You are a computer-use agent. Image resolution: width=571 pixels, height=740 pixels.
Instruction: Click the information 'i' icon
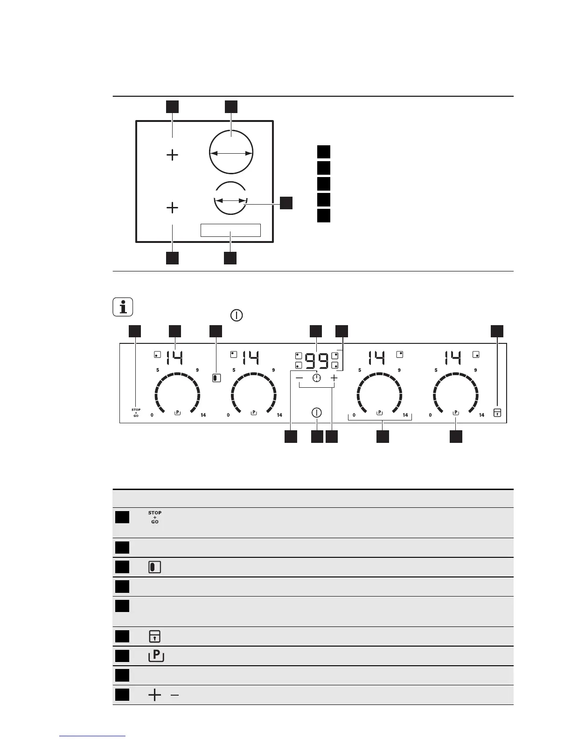(x=123, y=307)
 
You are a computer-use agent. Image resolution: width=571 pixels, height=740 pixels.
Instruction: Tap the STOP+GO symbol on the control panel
(x=136, y=413)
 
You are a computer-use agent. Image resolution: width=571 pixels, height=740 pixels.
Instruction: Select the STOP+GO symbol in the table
(x=155, y=518)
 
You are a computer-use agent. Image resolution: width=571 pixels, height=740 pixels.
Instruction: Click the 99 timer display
(x=317, y=361)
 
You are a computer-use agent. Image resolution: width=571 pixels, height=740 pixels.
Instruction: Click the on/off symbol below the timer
(x=317, y=413)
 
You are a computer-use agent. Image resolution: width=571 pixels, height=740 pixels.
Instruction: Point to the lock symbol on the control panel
(x=497, y=413)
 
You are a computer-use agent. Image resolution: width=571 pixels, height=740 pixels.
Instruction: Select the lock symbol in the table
(x=154, y=636)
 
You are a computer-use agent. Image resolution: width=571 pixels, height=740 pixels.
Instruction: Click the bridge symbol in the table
(x=154, y=568)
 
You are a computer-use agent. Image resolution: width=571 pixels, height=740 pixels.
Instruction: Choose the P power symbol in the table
(x=155, y=656)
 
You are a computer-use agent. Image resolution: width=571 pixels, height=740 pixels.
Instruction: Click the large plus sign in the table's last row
(x=154, y=696)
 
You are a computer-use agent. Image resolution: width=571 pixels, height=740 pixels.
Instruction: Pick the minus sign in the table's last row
(x=174, y=696)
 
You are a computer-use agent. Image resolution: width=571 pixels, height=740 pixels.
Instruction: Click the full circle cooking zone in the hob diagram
(x=231, y=152)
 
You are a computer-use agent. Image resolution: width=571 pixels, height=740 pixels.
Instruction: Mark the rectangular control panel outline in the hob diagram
(x=230, y=230)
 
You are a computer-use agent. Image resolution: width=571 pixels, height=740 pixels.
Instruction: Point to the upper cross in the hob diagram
(x=173, y=155)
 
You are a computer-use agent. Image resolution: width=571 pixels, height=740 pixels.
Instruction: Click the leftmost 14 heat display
(x=174, y=358)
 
